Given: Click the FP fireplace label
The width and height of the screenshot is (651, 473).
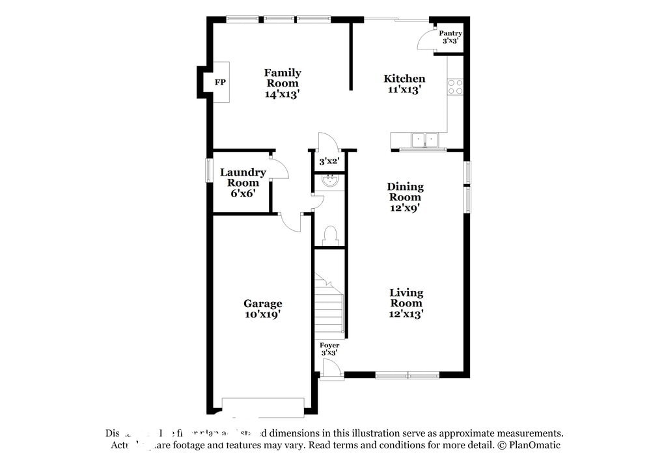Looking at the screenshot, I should click(x=220, y=83).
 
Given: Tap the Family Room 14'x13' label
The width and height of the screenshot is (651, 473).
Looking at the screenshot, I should click(x=282, y=83).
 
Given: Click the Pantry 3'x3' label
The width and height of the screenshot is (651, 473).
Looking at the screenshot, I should click(x=450, y=37).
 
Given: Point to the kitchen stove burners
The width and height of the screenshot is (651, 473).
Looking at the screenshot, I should click(x=455, y=87).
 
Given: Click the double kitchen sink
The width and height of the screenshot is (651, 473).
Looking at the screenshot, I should click(x=424, y=139).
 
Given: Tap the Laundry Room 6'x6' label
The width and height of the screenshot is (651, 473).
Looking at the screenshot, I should click(x=242, y=183).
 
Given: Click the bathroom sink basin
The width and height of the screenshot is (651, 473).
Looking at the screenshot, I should click(x=330, y=181).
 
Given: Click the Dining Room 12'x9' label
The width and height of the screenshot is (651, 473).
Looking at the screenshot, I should click(x=405, y=197).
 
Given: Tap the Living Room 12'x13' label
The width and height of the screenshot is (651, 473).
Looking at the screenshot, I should click(x=406, y=303).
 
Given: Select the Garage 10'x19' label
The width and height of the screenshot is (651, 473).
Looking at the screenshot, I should click(x=262, y=308).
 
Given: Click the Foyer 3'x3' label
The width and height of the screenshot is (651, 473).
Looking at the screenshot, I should click(x=329, y=349).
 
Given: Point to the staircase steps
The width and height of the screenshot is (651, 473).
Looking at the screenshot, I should click(x=329, y=306).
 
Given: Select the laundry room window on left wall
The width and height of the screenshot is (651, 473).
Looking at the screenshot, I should click(x=209, y=170).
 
